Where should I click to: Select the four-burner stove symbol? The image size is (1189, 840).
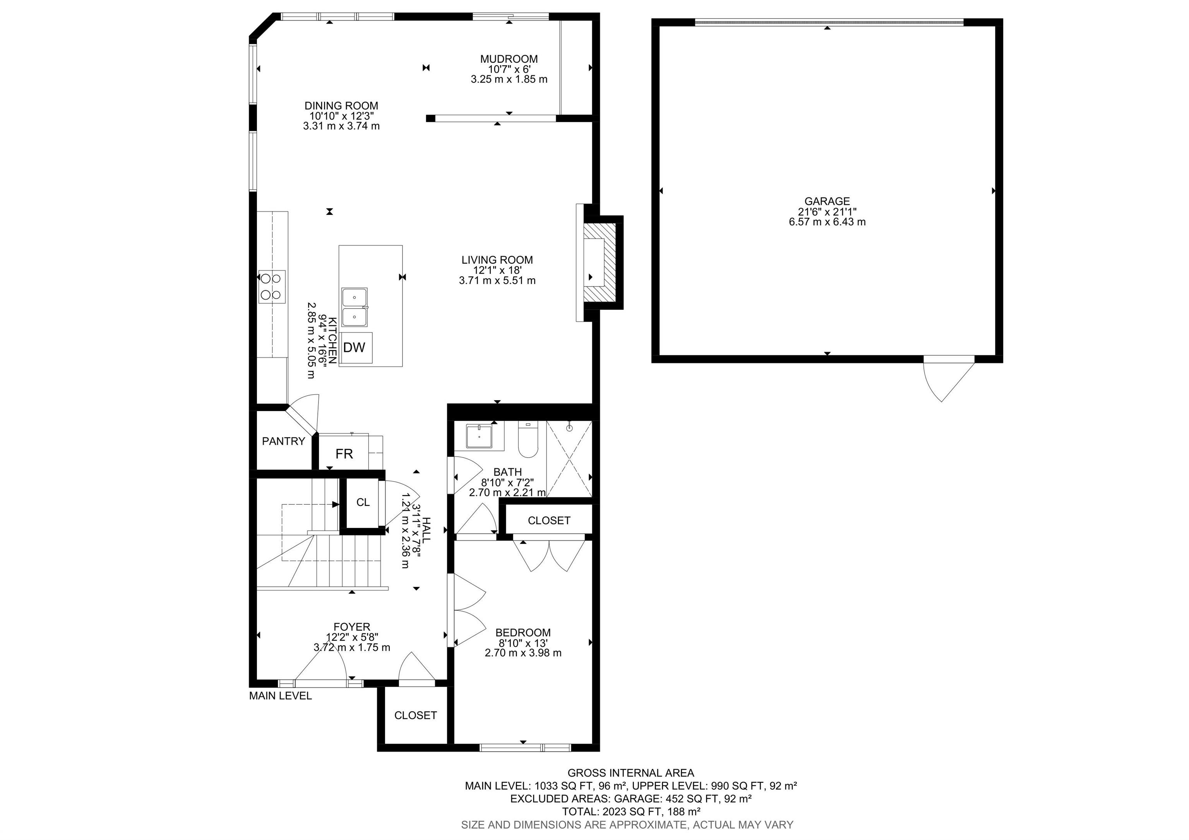[272, 286]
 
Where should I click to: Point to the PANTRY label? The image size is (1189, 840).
[283, 441]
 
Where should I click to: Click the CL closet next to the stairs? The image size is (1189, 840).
[363, 502]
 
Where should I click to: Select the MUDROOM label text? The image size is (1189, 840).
[509, 59]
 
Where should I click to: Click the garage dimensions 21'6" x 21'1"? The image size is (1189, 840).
[827, 211]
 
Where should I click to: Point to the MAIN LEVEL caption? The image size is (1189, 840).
[280, 696]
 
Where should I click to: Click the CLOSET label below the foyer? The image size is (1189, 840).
[415, 715]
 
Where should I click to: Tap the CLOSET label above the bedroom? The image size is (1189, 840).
[549, 521]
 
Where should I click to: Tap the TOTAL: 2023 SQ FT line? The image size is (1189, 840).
[631, 811]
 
